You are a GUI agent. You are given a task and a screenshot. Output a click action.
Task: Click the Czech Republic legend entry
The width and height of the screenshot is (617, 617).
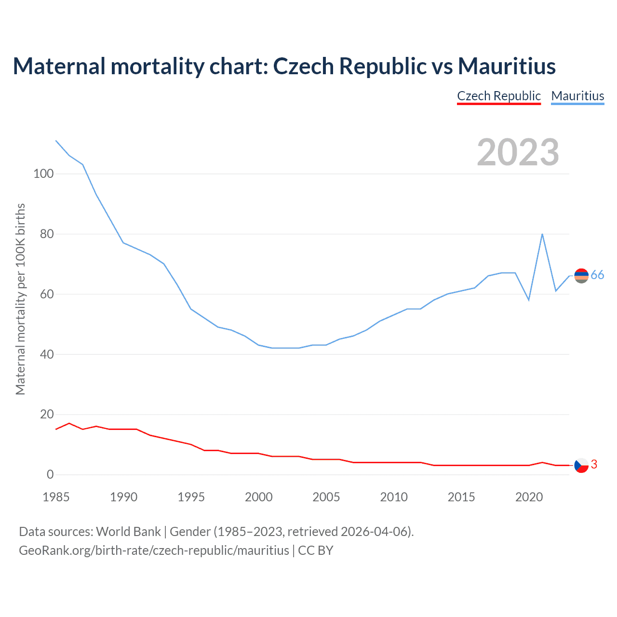tap(499, 96)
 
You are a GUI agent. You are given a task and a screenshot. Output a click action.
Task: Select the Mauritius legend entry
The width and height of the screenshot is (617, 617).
tap(577, 96)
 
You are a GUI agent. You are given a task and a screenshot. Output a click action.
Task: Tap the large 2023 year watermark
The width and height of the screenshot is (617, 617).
tap(518, 152)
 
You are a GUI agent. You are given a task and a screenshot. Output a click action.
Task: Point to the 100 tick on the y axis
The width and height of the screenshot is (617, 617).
tap(43, 174)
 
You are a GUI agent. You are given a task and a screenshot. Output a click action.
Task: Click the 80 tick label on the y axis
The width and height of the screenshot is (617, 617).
tap(46, 234)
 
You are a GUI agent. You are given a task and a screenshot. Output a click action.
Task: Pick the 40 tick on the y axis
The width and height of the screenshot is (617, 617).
tap(46, 354)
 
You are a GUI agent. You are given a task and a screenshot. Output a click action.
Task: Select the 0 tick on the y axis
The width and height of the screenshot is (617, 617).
tap(50, 474)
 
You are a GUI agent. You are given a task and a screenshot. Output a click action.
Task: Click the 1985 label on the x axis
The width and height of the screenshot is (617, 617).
tap(56, 497)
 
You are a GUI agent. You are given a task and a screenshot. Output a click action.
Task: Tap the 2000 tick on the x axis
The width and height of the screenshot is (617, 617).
tap(259, 497)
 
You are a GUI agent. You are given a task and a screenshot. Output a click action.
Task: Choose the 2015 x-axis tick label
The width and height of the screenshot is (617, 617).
tap(461, 497)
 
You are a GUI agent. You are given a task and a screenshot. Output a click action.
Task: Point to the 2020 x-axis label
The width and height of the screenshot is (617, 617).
tap(529, 497)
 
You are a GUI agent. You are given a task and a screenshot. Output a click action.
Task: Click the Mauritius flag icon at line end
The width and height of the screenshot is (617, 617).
tap(581, 276)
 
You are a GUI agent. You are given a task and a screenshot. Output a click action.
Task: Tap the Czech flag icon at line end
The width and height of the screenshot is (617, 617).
tap(581, 465)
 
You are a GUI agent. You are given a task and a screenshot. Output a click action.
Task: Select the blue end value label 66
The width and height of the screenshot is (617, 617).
tap(597, 275)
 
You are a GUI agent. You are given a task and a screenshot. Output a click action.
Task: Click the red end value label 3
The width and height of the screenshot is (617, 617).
tap(594, 464)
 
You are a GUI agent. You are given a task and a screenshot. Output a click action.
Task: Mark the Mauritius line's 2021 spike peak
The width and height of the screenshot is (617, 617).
tap(542, 234)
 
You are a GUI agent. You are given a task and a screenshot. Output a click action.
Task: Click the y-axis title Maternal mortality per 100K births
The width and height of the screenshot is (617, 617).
tap(20, 299)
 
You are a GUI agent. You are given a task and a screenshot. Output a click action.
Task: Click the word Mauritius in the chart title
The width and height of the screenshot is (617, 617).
tap(507, 66)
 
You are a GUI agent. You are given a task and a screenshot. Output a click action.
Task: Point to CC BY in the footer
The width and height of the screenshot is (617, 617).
tap(316, 550)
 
